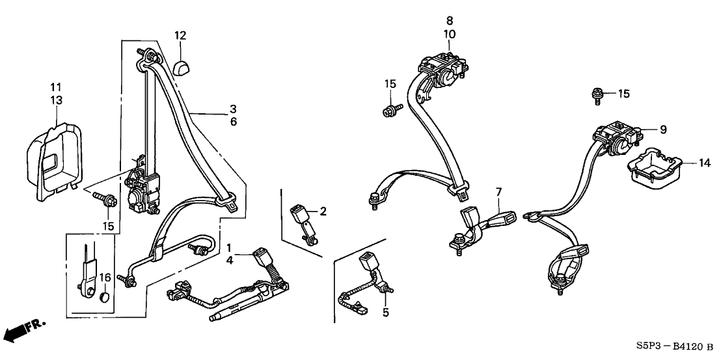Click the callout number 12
coord(180,35)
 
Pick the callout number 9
coord(663,130)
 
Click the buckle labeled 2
coord(300,215)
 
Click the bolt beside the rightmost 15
coord(597,96)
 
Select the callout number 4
coord(229,261)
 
